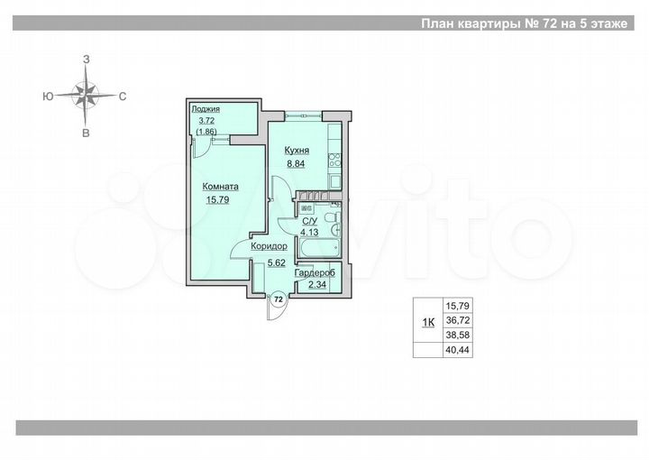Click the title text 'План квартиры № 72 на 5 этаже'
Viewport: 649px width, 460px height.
pyautogui.click(x=524, y=24)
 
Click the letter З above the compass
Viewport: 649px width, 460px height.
pyautogui.click(x=87, y=58)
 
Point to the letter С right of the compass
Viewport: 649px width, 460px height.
pyautogui.click(x=122, y=95)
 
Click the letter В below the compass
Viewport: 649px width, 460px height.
pyautogui.click(x=87, y=133)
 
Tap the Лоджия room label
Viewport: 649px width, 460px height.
pyautogui.click(x=206, y=110)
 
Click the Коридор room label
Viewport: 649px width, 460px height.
pyautogui.click(x=270, y=246)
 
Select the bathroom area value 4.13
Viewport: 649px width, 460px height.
pyautogui.click(x=310, y=233)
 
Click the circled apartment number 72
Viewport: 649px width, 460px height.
pyautogui.click(x=278, y=298)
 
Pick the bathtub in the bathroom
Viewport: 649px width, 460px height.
pyautogui.click(x=316, y=247)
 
